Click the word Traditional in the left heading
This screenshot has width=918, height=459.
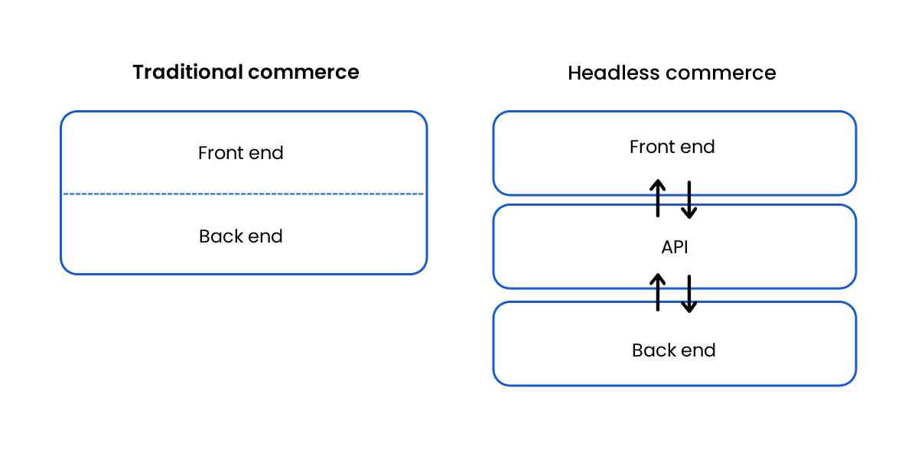[187, 72]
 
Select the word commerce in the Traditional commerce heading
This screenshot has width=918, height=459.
[303, 72]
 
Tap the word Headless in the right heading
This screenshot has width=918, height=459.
[613, 73]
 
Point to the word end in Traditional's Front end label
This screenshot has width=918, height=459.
[266, 153]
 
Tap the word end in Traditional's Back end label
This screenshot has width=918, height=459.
[265, 236]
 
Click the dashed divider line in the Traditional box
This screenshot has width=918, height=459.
[243, 194]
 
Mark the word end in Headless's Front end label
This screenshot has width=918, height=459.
[698, 147]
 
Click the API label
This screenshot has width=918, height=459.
[674, 247]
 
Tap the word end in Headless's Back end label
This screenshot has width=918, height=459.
[698, 350]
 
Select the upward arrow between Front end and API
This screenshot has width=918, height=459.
[657, 198]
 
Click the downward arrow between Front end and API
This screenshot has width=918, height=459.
[689, 200]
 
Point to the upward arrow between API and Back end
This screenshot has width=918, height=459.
[657, 291]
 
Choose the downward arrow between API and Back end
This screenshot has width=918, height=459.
[689, 294]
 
